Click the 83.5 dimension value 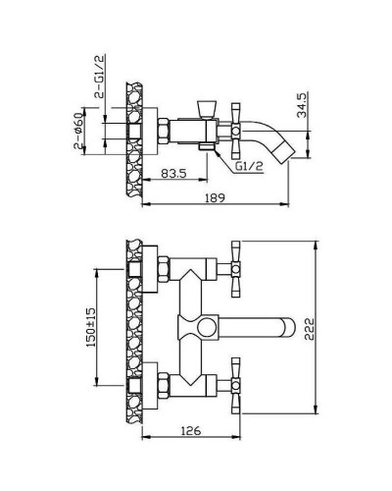coord(174,173)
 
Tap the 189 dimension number coord(215,197)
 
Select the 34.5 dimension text coord(302,105)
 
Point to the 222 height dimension coord(310,328)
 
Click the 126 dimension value coord(191,431)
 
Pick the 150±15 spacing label coord(91,327)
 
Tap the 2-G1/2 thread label coord(99,77)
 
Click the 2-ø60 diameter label coord(78,131)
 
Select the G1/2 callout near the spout coord(249,167)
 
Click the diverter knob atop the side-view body coord(207,109)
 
